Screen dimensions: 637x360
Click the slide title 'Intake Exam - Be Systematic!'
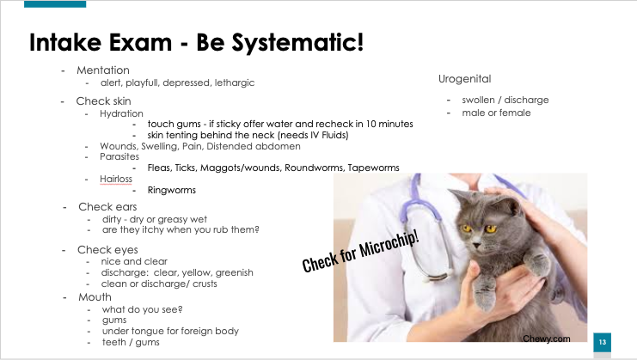click(x=197, y=42)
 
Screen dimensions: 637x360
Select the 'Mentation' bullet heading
click(x=103, y=70)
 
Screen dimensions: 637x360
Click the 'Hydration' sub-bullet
click(x=121, y=113)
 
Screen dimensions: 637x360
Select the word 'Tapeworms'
click(x=373, y=168)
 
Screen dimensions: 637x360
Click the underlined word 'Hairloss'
click(x=116, y=179)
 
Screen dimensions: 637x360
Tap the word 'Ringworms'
click(x=171, y=190)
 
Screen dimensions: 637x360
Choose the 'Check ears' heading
click(x=107, y=207)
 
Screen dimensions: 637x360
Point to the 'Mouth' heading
click(x=95, y=297)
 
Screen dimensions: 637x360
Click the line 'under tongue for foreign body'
click(x=170, y=331)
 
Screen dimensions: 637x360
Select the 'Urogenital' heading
click(x=465, y=79)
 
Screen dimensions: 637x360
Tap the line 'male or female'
click(x=496, y=113)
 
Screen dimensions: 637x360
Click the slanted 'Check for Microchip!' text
click(x=360, y=252)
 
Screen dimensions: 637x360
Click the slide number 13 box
click(x=602, y=342)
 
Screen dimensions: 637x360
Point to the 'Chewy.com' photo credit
click(x=547, y=339)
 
